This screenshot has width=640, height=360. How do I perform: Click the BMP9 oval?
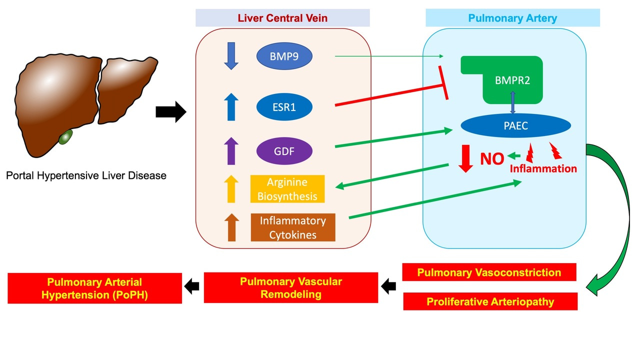pyautogui.click(x=284, y=56)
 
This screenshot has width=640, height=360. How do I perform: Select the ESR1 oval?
pyautogui.click(x=284, y=106)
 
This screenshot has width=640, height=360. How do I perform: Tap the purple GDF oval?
pyautogui.click(x=284, y=150)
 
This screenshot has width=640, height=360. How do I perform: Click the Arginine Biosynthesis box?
pyautogui.click(x=287, y=188)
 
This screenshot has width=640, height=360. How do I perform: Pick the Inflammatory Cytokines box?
pyautogui.click(x=292, y=227)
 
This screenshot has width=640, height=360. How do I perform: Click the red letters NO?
pyautogui.click(x=492, y=159)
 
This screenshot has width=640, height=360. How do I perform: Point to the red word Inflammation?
pyautogui.click(x=543, y=169)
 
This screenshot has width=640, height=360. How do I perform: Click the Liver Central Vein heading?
pyautogui.click(x=283, y=18)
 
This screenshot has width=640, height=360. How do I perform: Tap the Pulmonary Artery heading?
pyautogui.click(x=512, y=18)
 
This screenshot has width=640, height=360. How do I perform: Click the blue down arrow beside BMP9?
pyautogui.click(x=231, y=55)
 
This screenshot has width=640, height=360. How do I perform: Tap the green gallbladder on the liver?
pyautogui.click(x=64, y=137)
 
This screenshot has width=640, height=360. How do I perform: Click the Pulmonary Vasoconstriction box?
pyautogui.click(x=489, y=272)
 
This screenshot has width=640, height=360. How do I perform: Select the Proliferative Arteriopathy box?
pyautogui.click(x=490, y=301)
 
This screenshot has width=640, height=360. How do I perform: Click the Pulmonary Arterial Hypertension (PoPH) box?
pyautogui.click(x=95, y=288)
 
